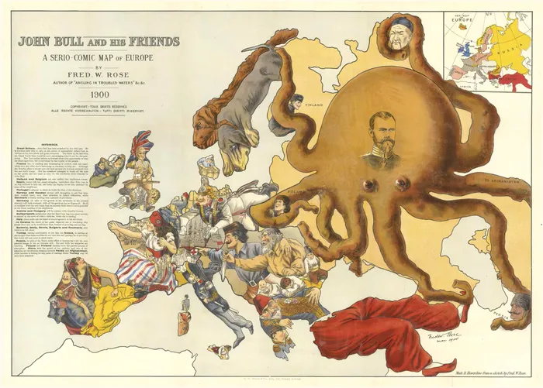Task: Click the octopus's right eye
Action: [x=402, y=183]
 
